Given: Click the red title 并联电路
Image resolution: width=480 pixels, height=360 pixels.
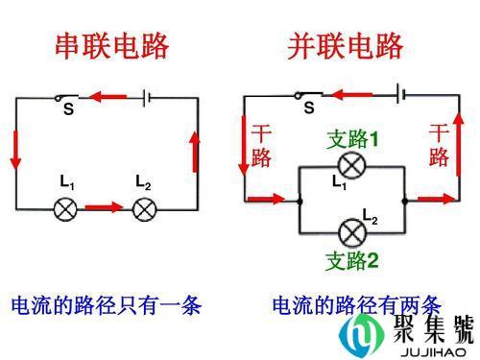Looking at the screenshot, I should tap(347, 45).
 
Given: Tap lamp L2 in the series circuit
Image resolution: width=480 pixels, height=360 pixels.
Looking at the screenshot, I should tap(144, 207).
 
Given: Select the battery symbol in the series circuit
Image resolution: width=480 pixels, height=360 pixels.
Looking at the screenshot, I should tap(145, 96).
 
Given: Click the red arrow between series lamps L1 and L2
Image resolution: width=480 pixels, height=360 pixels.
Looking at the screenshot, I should tap(105, 206).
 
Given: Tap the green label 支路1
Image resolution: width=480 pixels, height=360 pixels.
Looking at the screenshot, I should tap(352, 139).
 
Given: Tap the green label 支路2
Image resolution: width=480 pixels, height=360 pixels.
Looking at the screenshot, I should tap(352, 260).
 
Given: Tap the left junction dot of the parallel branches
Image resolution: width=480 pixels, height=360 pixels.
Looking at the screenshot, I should tap(301, 200).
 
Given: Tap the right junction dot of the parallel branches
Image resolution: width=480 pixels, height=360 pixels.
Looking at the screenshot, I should tap(406, 200).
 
